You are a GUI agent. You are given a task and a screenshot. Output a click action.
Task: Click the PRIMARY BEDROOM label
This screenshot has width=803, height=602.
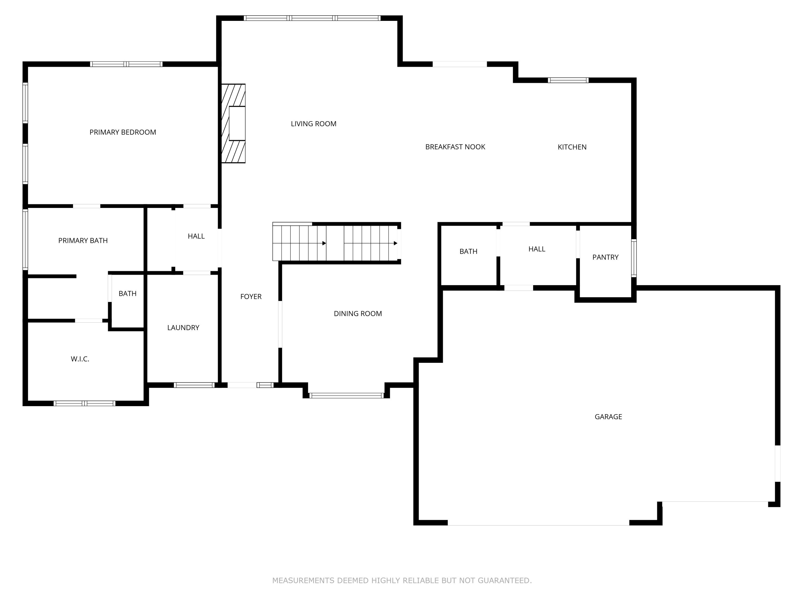(x=123, y=132)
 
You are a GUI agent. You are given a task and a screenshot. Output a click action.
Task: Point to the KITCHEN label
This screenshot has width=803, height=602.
(x=572, y=147)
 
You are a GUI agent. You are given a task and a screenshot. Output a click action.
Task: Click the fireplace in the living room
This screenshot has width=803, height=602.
(x=234, y=123)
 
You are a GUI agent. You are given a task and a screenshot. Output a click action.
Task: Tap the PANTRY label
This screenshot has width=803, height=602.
(x=605, y=257)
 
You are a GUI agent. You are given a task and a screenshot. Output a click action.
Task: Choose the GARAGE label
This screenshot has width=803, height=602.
(x=608, y=417)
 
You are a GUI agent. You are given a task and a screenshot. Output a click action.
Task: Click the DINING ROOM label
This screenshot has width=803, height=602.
(x=358, y=314)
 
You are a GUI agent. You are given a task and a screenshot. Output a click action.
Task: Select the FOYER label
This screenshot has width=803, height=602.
(x=251, y=296)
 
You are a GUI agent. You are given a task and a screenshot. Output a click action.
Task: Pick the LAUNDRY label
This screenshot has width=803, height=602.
(x=183, y=328)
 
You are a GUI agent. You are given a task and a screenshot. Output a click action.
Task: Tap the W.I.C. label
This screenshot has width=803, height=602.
(x=80, y=359)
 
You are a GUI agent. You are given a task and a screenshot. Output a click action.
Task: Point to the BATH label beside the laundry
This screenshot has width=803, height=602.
(x=127, y=294)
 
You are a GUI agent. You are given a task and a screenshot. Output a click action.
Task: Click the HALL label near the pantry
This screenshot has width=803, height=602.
(x=537, y=249)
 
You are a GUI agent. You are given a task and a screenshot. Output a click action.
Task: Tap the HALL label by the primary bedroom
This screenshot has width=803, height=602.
(x=196, y=236)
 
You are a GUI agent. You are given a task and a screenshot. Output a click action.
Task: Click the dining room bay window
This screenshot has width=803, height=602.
(x=346, y=395)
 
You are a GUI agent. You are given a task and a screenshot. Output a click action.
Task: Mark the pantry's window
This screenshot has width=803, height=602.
(x=634, y=258)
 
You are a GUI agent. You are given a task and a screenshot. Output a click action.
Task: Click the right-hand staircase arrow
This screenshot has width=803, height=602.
(x=395, y=243)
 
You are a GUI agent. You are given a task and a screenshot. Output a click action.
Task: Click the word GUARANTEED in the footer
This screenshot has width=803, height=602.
(x=504, y=580)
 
